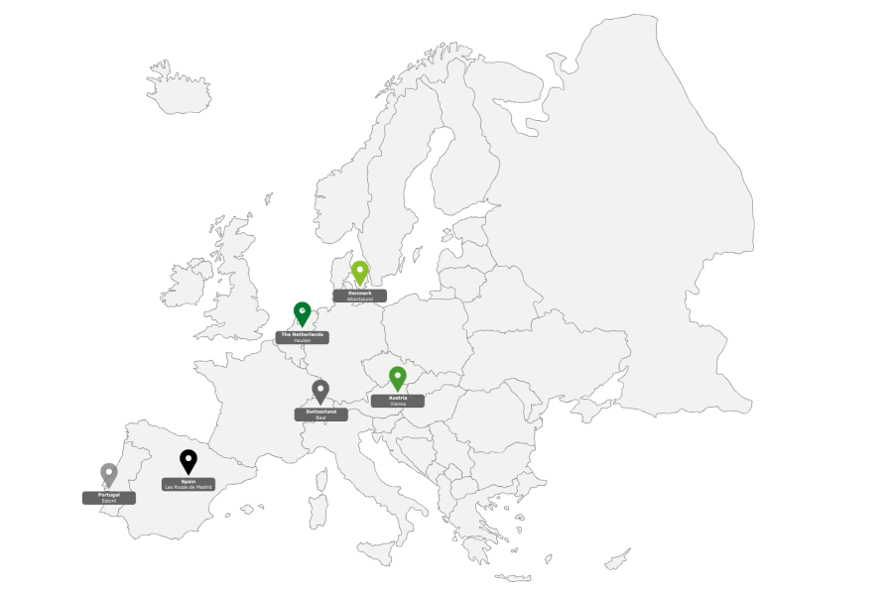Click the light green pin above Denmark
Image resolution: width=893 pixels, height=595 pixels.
pyautogui.click(x=360, y=271)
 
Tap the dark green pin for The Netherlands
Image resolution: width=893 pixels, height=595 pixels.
pyautogui.click(x=303, y=312)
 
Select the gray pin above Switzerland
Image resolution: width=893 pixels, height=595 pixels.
pyautogui.click(x=319, y=390)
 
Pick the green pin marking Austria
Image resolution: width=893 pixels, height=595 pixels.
pyautogui.click(x=398, y=377)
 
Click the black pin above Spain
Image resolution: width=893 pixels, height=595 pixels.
pyautogui.click(x=189, y=460)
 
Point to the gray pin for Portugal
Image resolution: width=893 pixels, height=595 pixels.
pyautogui.click(x=109, y=473)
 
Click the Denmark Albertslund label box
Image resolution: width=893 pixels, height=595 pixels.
pyautogui.click(x=360, y=296)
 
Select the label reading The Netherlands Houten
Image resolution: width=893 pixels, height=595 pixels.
pyautogui.click(x=303, y=337)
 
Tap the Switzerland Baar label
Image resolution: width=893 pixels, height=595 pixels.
pyautogui.click(x=320, y=415)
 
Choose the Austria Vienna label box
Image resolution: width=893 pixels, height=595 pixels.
pyautogui.click(x=398, y=401)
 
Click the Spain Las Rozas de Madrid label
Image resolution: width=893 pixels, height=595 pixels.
pyautogui.click(x=189, y=485)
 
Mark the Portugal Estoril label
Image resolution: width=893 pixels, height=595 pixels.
pyautogui.click(x=109, y=498)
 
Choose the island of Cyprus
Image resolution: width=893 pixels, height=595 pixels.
pyautogui.click(x=617, y=560)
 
